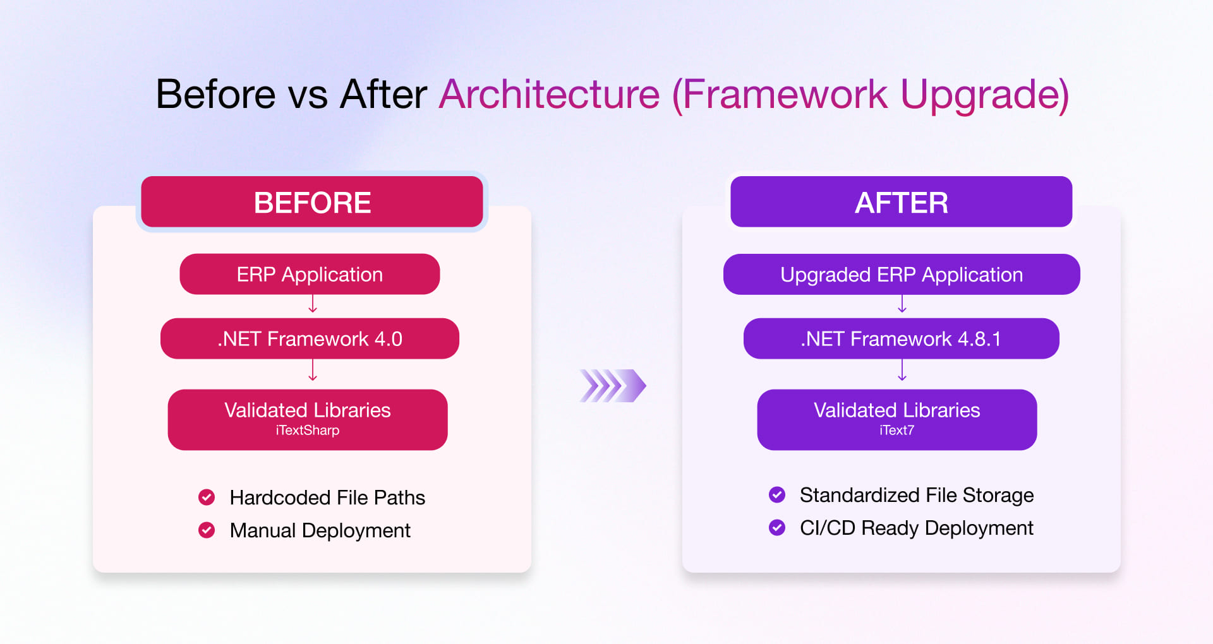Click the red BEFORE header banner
[312, 202]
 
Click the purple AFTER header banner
[901, 202]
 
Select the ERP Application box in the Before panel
[310, 274]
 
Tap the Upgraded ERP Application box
[901, 274]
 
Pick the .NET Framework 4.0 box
[310, 338]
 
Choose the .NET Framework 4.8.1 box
[901, 338]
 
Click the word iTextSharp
[308, 431]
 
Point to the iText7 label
[896, 431]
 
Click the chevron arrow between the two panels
[612, 386]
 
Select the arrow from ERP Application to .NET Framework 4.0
[313, 305]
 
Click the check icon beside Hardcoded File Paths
[207, 497]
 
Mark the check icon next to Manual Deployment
[207, 530]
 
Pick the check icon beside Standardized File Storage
[777, 494]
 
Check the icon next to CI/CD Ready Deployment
[777, 527]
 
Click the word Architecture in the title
[549, 95]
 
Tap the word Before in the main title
[215, 95]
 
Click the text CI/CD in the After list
[827, 528]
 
